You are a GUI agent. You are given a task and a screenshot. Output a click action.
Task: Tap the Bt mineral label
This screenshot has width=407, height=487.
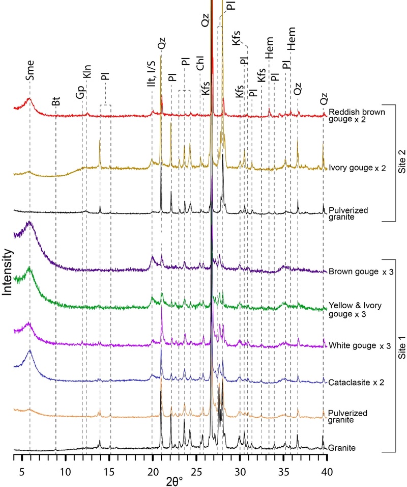point(55,101)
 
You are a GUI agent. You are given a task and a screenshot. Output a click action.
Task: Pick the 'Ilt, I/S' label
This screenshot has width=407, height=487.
point(151,78)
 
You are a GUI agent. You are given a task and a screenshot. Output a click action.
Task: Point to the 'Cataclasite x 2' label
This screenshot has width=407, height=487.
point(356,381)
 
